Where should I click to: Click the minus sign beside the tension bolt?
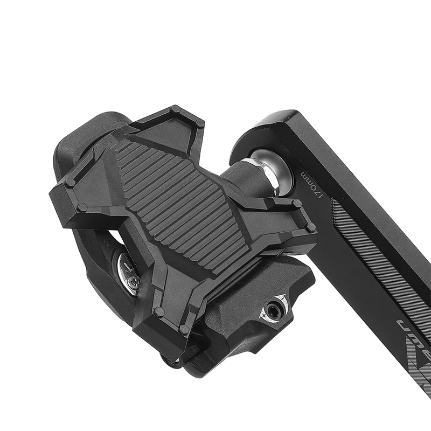[x=282, y=298]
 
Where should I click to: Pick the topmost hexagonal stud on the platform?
[x=175, y=110]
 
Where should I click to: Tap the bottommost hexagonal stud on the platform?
[x=184, y=328]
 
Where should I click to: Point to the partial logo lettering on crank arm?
[x=412, y=334]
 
